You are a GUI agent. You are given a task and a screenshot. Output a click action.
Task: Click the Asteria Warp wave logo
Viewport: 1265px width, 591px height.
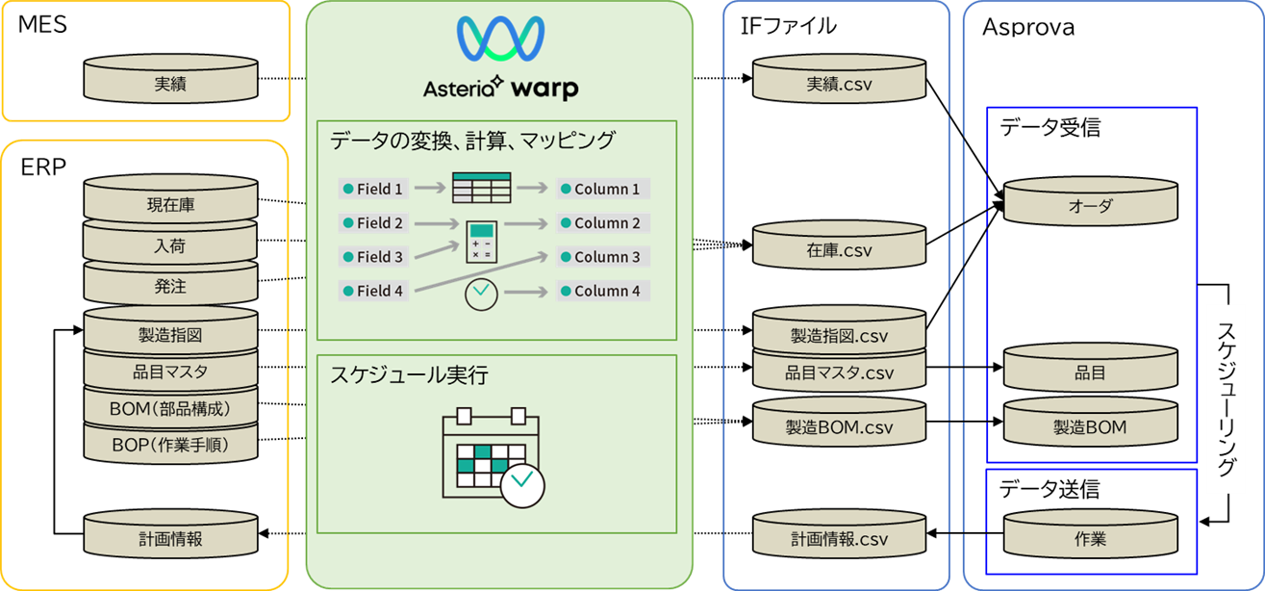tap(500, 41)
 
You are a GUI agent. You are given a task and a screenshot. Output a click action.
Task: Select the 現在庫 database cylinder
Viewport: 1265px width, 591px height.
tap(170, 205)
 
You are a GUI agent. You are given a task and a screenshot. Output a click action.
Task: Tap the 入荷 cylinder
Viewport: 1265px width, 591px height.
tap(170, 246)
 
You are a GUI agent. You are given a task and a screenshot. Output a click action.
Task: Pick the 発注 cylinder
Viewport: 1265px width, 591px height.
tap(170, 287)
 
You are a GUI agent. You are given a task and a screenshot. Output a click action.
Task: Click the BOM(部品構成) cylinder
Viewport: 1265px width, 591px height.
tap(170, 409)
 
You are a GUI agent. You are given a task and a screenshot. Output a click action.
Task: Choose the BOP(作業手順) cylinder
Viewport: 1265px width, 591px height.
tap(170, 446)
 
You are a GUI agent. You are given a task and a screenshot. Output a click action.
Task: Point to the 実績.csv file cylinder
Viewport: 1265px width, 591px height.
tap(838, 84)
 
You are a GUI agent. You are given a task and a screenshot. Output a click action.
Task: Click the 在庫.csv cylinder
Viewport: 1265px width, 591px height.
tap(838, 250)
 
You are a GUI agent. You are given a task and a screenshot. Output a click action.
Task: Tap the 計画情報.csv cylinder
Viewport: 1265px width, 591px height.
tap(838, 539)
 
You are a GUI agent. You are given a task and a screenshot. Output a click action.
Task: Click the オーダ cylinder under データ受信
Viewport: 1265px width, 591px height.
tap(1090, 206)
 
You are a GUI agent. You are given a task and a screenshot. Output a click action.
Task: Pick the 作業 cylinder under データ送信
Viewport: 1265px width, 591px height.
tap(1090, 539)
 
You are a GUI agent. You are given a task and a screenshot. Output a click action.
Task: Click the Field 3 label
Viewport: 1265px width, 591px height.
tap(373, 257)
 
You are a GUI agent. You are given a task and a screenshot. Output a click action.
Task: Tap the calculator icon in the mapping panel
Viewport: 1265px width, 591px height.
tap(481, 242)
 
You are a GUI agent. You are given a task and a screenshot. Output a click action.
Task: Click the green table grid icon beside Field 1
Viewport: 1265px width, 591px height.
tap(481, 188)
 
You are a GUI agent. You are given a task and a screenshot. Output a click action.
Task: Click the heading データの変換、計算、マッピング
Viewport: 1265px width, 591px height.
tap(471, 141)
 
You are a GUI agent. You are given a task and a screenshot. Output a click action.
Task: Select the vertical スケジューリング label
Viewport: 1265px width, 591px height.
tap(1227, 399)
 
